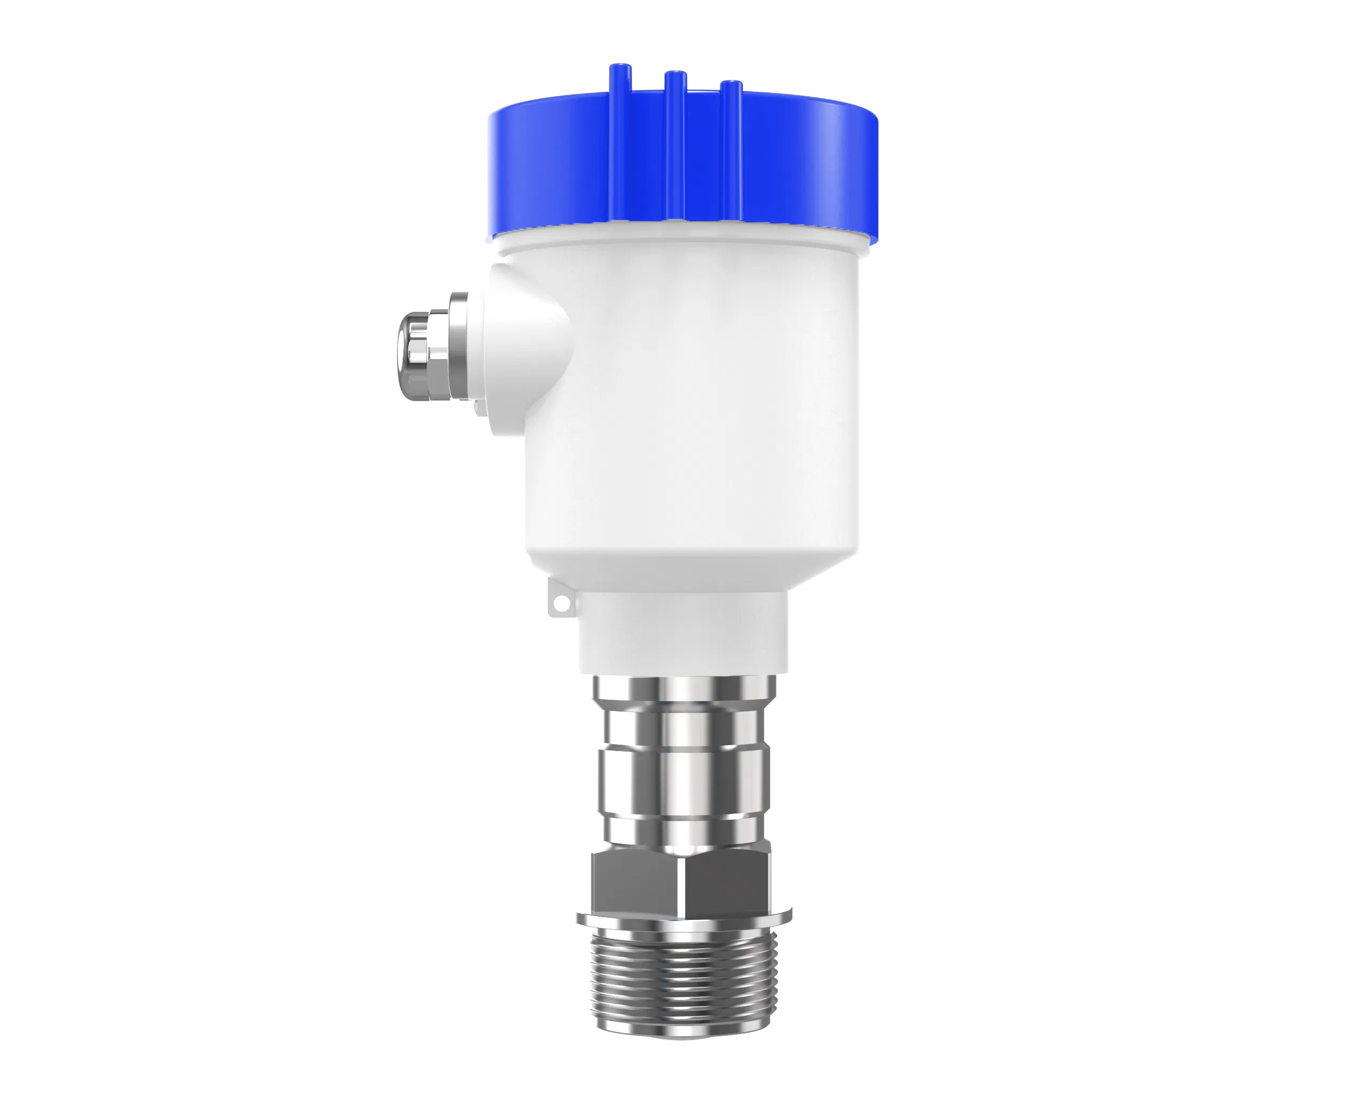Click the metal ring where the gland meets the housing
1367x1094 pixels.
(x=458, y=346)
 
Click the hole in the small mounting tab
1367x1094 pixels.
(x=561, y=603)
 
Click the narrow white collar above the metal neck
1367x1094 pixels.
(x=683, y=631)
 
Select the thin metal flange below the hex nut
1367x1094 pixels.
(x=683, y=917)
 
